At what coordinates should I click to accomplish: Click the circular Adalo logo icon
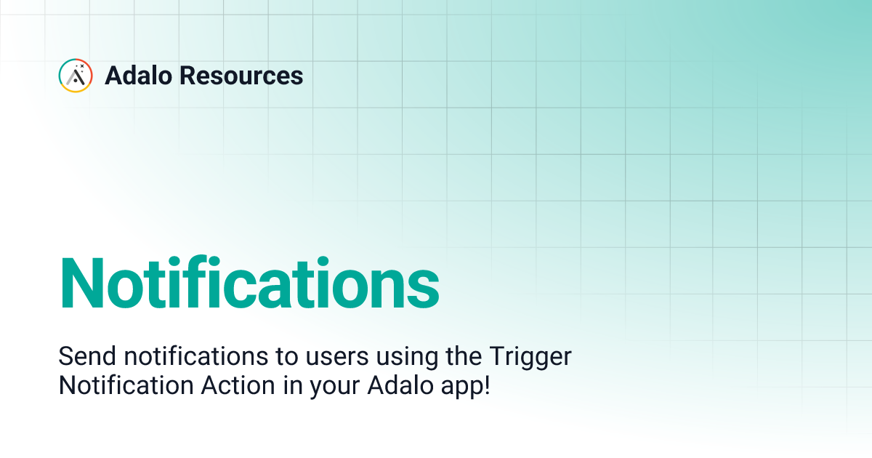(x=76, y=76)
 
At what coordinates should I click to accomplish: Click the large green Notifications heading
(x=249, y=283)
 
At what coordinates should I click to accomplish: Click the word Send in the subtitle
(x=87, y=357)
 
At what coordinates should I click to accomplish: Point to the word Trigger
(x=529, y=358)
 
